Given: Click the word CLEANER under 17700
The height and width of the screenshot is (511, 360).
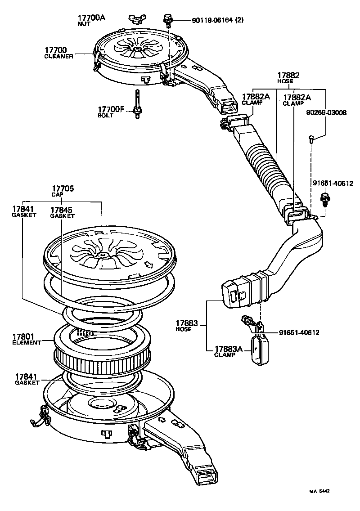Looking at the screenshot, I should pos(58,57).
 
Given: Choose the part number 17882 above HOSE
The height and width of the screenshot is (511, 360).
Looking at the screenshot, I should pos(288,76).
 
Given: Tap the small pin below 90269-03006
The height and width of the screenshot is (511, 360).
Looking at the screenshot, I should pos(311,140).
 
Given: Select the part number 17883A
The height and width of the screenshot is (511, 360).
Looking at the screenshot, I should pos(228,349).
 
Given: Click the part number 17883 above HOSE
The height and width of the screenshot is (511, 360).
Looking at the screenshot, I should pos(187,323).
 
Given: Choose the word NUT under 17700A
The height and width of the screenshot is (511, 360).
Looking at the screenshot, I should pos(84,23).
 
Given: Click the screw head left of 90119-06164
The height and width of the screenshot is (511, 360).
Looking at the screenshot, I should pos(167,18).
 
